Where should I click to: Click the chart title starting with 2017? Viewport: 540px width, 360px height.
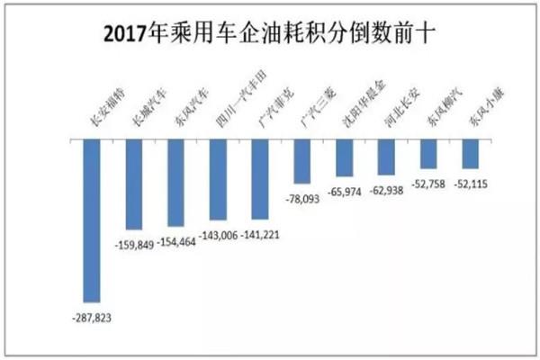point(271,35)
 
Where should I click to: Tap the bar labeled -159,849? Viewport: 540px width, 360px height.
point(133,184)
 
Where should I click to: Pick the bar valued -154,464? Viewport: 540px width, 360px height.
point(175,183)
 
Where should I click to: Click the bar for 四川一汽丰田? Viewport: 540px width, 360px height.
point(218,180)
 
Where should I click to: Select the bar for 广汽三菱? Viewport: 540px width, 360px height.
point(302,163)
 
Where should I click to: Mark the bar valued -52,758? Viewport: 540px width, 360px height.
point(428,156)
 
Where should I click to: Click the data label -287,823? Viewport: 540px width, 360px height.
point(91,317)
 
